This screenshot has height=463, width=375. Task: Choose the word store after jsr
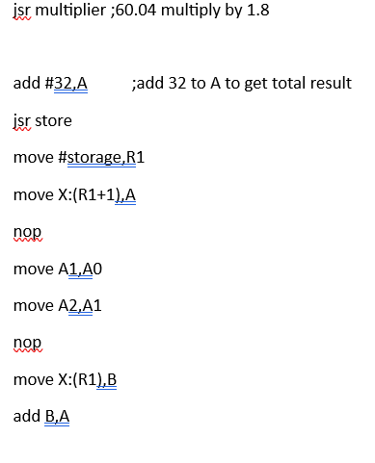point(54,122)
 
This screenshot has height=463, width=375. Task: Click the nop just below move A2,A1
point(29,344)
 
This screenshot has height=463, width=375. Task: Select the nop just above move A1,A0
point(29,233)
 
